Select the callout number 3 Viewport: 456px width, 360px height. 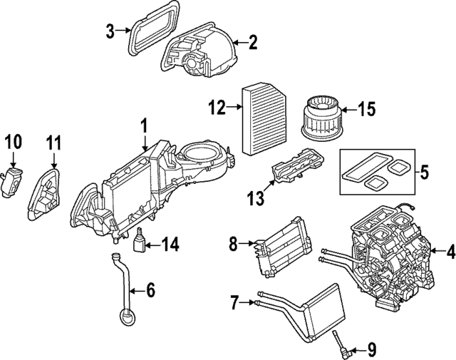[x=110, y=31]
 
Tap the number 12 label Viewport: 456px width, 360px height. [x=217, y=108]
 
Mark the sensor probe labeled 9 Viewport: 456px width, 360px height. [x=342, y=346]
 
